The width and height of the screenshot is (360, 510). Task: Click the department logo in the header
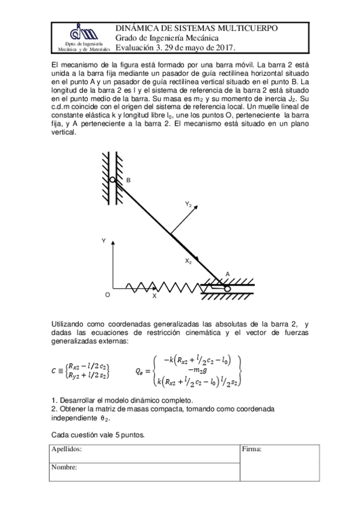click(x=82, y=33)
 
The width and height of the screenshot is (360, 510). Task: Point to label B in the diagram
click(x=128, y=180)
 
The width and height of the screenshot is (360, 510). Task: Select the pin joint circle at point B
click(x=113, y=179)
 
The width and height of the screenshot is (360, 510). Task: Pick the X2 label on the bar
click(x=188, y=261)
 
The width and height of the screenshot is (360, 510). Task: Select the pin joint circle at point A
click(x=228, y=288)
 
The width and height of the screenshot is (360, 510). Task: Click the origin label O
click(x=107, y=295)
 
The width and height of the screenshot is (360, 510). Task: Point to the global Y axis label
click(x=103, y=241)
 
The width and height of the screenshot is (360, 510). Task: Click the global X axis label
click(x=154, y=296)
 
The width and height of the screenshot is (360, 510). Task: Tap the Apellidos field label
click(x=66, y=449)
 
